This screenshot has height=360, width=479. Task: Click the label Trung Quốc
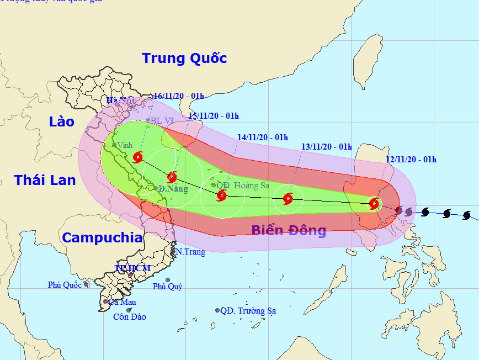coord(184,58)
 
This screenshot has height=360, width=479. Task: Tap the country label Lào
coord(61,121)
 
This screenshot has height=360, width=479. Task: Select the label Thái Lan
coord(42,180)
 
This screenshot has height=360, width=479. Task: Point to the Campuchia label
coord(102,238)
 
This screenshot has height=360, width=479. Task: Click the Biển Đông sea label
coord(289,231)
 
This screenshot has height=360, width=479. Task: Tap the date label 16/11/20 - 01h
coord(179,96)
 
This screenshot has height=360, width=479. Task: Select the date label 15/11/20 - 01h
coord(214,115)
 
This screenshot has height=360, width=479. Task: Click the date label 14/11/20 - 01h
coord(263,137)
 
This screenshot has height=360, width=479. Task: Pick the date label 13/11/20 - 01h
coord(327,147)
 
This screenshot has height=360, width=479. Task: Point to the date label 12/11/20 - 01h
coord(411,160)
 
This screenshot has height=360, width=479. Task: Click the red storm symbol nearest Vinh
coord(137,157)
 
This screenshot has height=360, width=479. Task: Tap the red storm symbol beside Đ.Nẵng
coord(172,177)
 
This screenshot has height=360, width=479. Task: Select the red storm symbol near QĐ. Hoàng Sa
coord(221,195)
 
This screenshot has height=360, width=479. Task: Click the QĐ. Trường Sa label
coord(248,311)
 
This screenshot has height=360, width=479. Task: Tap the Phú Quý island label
coord(167,287)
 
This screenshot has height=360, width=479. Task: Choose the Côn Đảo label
coord(129,317)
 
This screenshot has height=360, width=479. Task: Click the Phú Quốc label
coord(65,285)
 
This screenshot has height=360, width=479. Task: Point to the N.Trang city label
coord(190,252)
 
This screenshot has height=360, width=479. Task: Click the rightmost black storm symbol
coord(466,215)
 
